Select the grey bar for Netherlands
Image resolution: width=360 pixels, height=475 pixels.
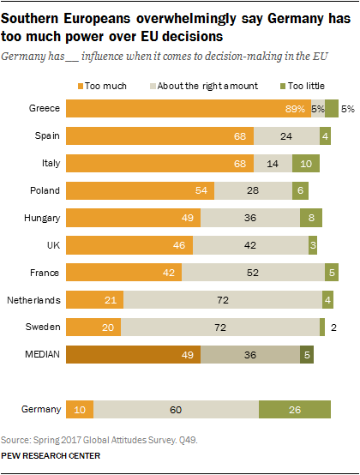pyautogui.click(x=222, y=300)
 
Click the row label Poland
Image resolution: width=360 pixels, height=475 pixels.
pyautogui.click(x=45, y=191)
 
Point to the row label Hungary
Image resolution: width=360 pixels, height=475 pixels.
pyautogui.click(x=41, y=219)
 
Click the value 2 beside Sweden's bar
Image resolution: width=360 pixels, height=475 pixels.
pyautogui.click(x=333, y=327)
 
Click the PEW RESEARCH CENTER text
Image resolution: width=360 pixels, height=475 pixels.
pyautogui.click(x=51, y=455)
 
